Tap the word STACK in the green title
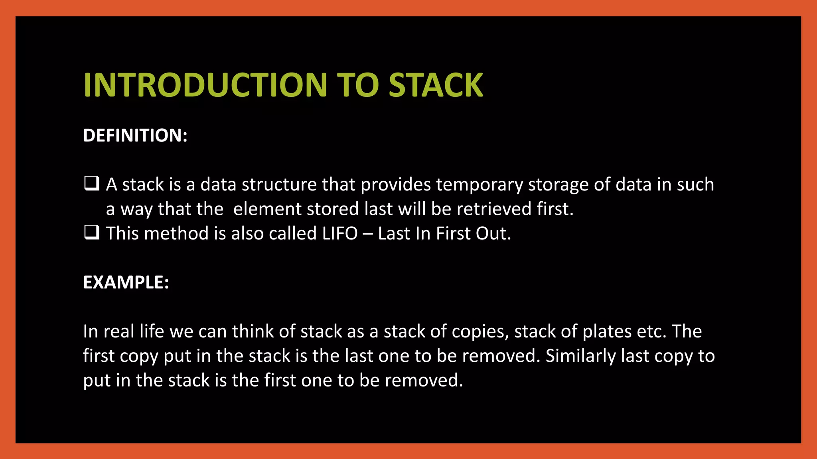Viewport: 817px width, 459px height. [x=436, y=85]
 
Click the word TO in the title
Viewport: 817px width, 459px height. [x=357, y=85]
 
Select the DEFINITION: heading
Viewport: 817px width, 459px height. [x=135, y=135]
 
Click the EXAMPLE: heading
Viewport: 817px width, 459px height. [x=126, y=282]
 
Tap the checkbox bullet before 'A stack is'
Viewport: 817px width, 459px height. [x=92, y=184]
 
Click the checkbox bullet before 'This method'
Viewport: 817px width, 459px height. [x=92, y=232]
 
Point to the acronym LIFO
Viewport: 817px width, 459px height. [x=340, y=233]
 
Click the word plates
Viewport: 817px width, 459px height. [x=607, y=331]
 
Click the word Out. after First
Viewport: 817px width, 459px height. [x=493, y=233]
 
